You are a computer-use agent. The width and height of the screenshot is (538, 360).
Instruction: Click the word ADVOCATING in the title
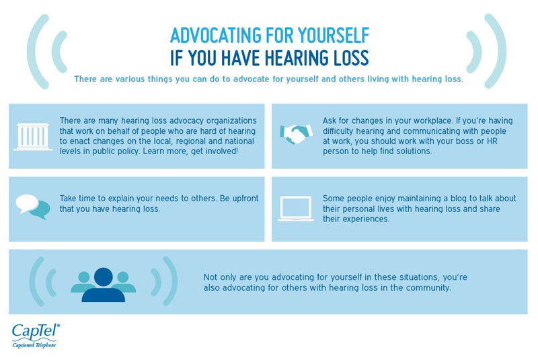(x=215, y=36)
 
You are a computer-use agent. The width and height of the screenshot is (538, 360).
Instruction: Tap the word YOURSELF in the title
(x=334, y=36)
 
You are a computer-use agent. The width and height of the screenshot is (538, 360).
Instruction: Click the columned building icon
(x=33, y=137)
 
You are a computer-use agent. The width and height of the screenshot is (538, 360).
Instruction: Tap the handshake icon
(x=297, y=134)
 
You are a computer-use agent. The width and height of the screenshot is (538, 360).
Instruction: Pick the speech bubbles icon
(x=33, y=207)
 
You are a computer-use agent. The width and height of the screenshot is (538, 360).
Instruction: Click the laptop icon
(x=296, y=209)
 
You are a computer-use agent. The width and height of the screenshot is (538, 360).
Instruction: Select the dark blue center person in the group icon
(x=104, y=285)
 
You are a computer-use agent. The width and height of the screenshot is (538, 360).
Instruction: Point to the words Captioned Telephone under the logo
(x=34, y=345)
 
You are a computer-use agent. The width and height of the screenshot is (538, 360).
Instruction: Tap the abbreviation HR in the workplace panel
(x=492, y=141)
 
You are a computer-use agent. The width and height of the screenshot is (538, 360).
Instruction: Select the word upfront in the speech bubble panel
(x=245, y=199)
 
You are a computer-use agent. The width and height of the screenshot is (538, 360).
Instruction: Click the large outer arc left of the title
(x=34, y=52)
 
